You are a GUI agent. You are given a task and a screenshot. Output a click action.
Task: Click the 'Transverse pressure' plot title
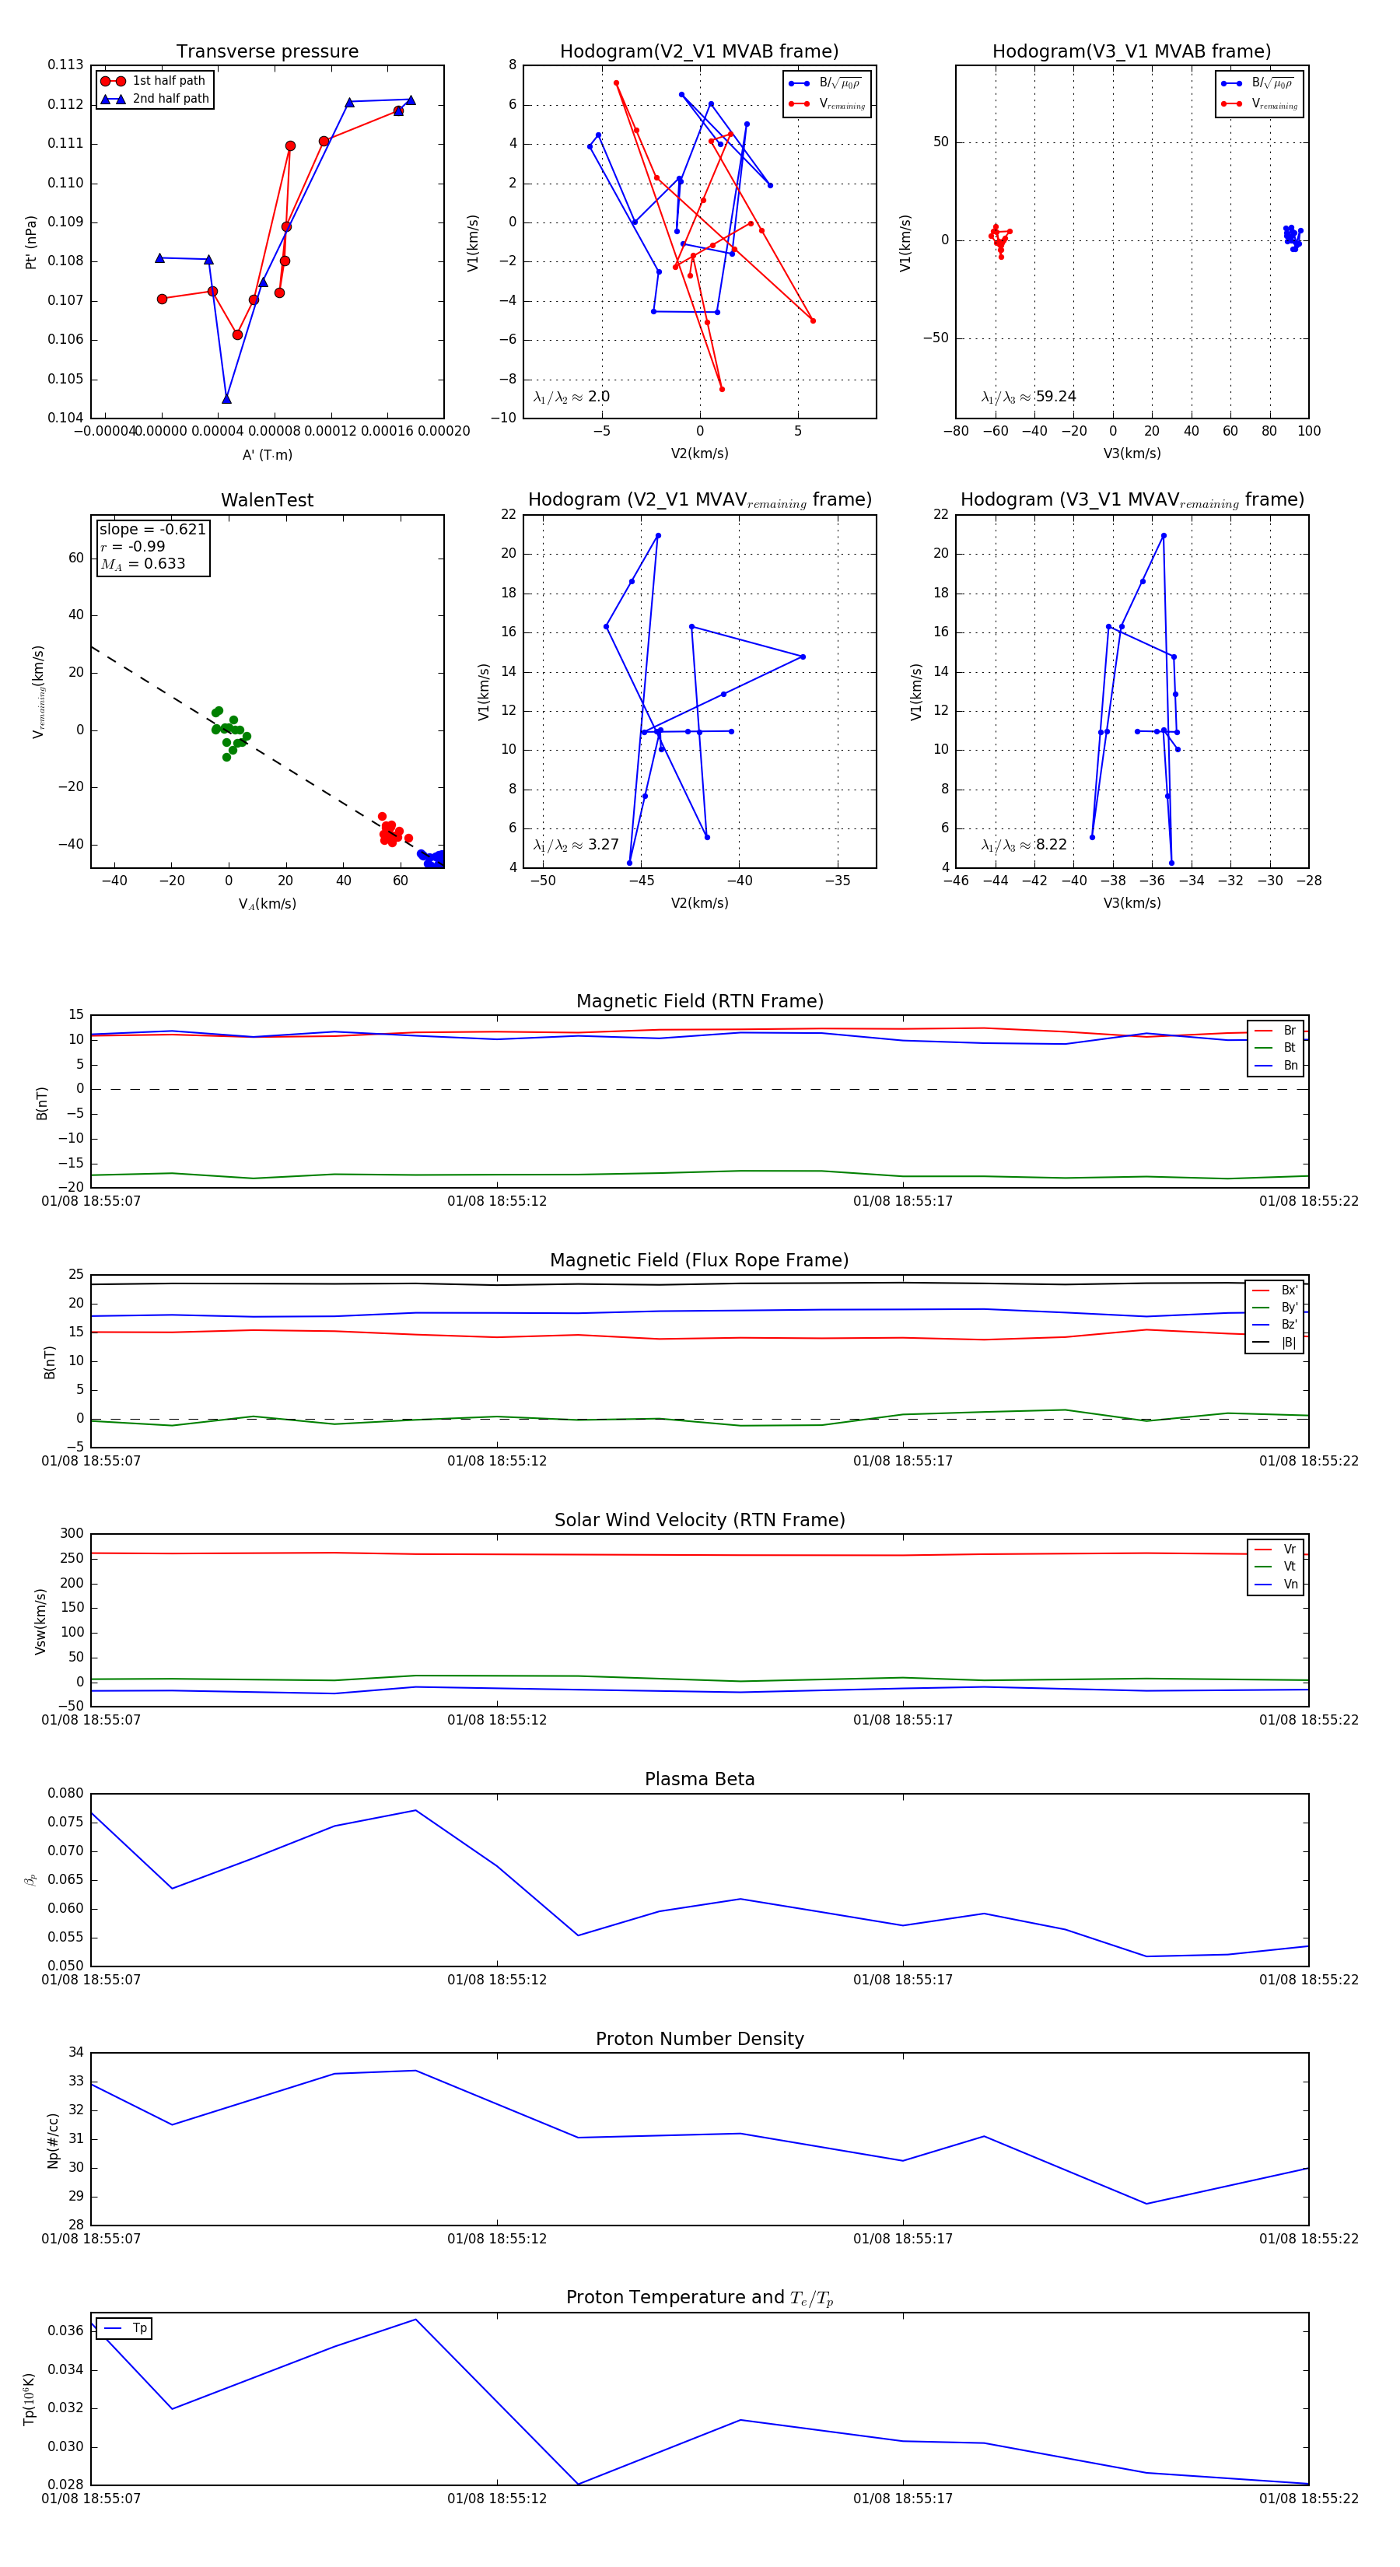pos(267,52)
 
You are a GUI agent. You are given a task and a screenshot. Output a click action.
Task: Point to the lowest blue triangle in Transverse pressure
pos(227,398)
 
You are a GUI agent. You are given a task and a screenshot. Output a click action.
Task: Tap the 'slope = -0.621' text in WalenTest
pos(152,529)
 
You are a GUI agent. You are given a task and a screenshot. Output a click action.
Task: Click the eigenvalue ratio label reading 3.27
pos(576,845)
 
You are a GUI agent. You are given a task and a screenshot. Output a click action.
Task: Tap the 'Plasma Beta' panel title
pos(699,1780)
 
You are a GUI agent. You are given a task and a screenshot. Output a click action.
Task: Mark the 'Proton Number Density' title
pos(699,2039)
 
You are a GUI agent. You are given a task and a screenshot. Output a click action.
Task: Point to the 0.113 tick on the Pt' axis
pos(66,65)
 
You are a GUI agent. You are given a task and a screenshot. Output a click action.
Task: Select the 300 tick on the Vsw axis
pos(72,1534)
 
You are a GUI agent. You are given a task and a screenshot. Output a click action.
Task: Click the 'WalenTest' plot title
pos(267,500)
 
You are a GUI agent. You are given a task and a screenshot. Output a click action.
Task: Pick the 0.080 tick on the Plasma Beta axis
pos(66,1794)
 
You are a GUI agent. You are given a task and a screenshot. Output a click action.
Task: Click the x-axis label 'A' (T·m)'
pos(267,454)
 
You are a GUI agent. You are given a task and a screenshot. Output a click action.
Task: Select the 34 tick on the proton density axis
pos(75,2053)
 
